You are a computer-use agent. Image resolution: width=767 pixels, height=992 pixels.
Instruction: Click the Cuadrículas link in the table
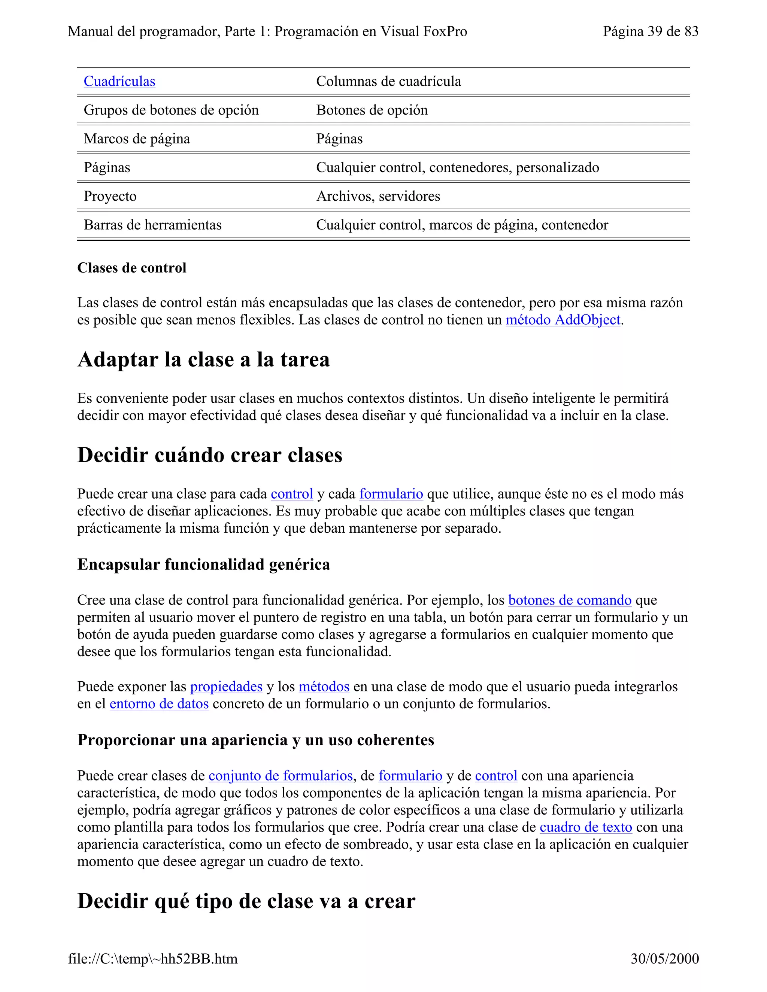[x=119, y=81]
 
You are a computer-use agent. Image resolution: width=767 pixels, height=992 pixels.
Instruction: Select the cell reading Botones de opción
[x=372, y=110]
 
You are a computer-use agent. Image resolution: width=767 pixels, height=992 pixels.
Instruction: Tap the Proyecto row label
[x=110, y=196]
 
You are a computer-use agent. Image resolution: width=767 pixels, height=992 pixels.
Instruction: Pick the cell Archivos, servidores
[x=378, y=196]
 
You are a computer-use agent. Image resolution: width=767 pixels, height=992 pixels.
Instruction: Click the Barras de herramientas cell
[x=153, y=225]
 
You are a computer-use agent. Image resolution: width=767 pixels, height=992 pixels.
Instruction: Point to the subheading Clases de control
[x=132, y=268]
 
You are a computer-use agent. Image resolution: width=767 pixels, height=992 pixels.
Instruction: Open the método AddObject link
[x=563, y=320]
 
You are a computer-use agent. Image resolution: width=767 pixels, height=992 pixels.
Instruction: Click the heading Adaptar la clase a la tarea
[x=204, y=360]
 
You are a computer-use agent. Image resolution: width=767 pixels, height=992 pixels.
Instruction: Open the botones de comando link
[x=569, y=600]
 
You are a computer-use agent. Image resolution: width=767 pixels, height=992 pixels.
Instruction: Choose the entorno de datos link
[x=159, y=704]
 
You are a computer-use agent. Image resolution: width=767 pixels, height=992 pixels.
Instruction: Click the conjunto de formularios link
[x=281, y=775]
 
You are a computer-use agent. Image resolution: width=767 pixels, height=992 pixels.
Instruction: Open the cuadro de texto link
[x=586, y=827]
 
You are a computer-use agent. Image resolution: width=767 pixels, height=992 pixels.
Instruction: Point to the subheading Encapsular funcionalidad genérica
[x=204, y=565]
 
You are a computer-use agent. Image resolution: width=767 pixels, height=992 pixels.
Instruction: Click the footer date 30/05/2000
[x=664, y=959]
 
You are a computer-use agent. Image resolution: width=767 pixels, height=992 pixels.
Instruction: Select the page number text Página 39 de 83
[x=650, y=31]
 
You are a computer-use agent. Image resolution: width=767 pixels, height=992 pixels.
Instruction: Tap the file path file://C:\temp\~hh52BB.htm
[x=153, y=959]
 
